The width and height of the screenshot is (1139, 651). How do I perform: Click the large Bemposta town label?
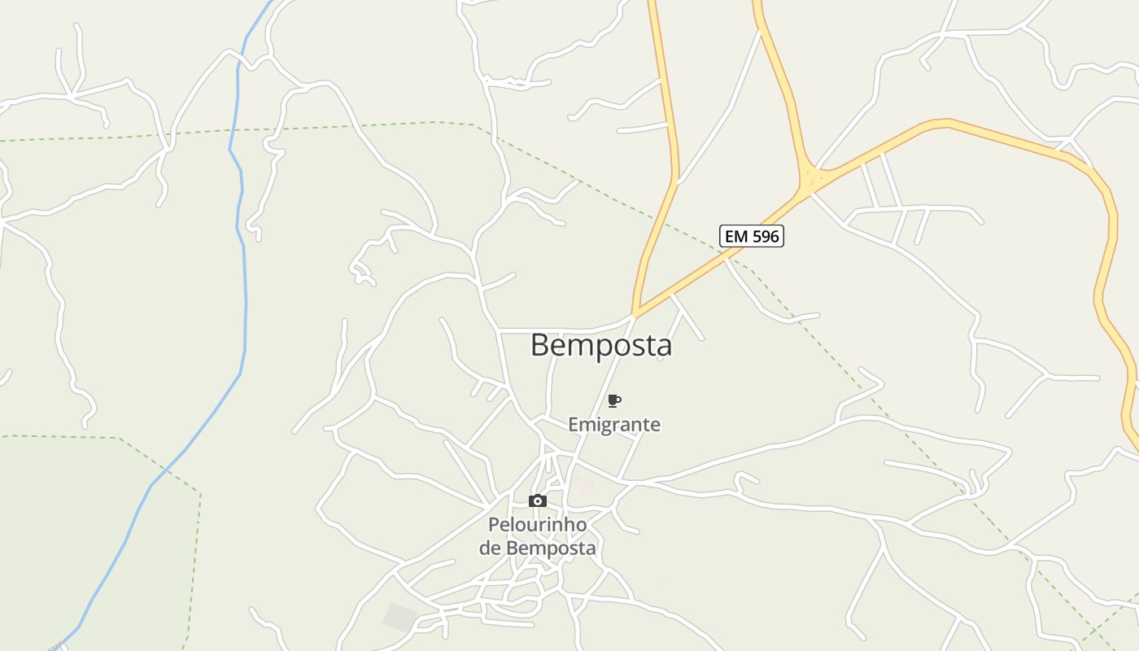pos(601,345)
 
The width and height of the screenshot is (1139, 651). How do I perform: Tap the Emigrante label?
pos(613,425)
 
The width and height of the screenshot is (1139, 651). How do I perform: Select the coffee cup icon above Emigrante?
pos(614,400)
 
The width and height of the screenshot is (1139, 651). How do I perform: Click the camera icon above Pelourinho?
pos(537,500)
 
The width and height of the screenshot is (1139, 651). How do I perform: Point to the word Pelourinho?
pos(537,525)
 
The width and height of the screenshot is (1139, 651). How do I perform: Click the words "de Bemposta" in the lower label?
pos(537,548)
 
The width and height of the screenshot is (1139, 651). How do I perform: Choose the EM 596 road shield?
pos(752,236)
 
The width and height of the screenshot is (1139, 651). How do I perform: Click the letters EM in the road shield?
pos(735,236)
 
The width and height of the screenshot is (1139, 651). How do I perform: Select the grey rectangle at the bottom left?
pos(399,616)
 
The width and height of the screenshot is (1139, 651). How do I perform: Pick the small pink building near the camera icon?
pos(582,484)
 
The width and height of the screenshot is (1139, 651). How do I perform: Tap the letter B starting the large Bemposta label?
pos(540,345)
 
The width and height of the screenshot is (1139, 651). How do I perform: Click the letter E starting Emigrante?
pos(573,425)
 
